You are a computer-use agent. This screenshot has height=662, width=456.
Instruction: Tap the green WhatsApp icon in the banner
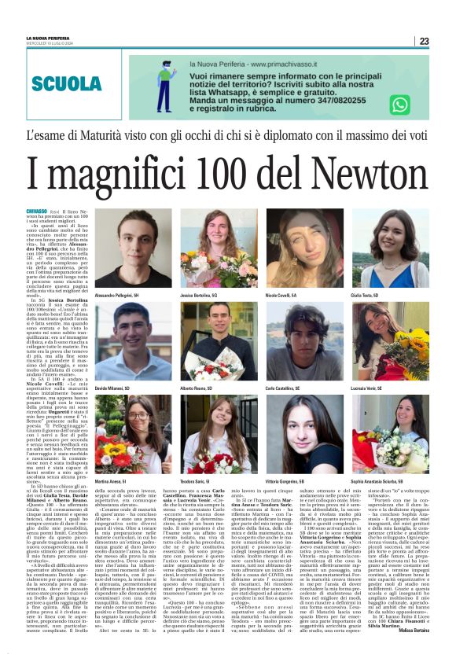[400, 104]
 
